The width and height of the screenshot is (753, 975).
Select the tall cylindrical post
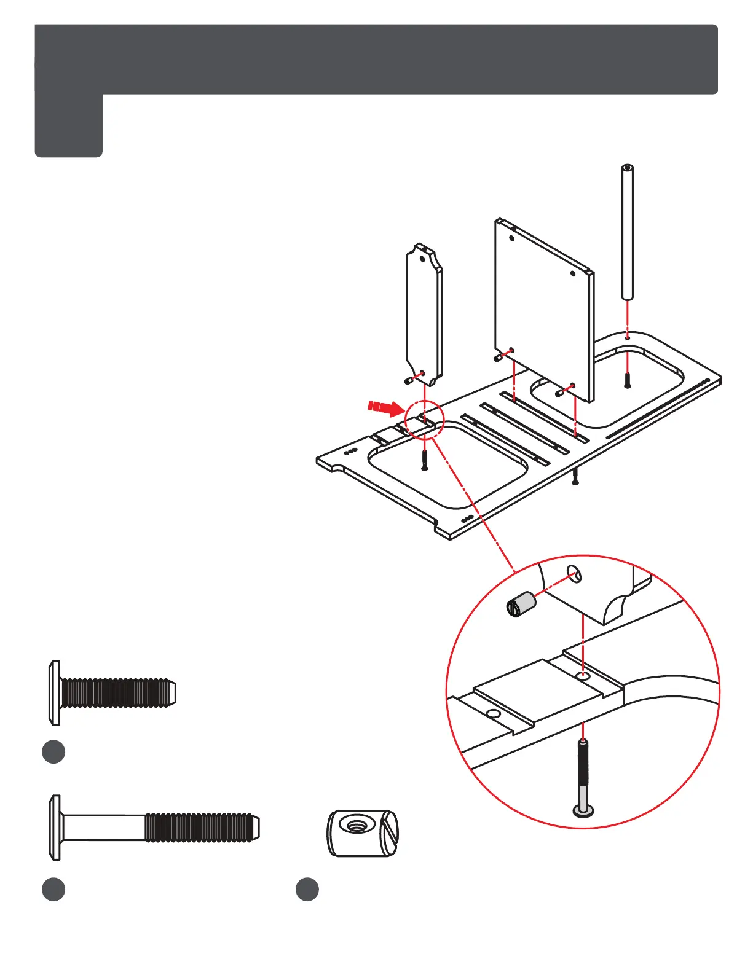pos(627,233)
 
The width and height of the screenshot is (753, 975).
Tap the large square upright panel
pos(543,307)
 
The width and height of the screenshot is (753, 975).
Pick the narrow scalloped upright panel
pos(424,313)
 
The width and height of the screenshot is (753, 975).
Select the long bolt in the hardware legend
pos(154,828)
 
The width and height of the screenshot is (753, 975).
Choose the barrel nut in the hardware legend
pos(362,833)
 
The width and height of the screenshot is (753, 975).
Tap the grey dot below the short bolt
pos(53,752)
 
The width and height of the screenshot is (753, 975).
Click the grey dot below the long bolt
pos(53,890)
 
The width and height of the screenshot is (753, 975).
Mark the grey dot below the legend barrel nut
pos(307,890)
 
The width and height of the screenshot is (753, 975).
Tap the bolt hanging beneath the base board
pos(575,477)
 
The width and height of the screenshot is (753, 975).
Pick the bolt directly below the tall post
pos(627,380)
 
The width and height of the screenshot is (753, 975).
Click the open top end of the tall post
pos(627,168)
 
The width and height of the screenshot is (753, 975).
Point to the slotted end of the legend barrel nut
pos(389,834)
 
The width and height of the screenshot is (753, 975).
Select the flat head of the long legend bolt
pos(55,828)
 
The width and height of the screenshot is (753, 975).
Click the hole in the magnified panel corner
pos(573,573)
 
